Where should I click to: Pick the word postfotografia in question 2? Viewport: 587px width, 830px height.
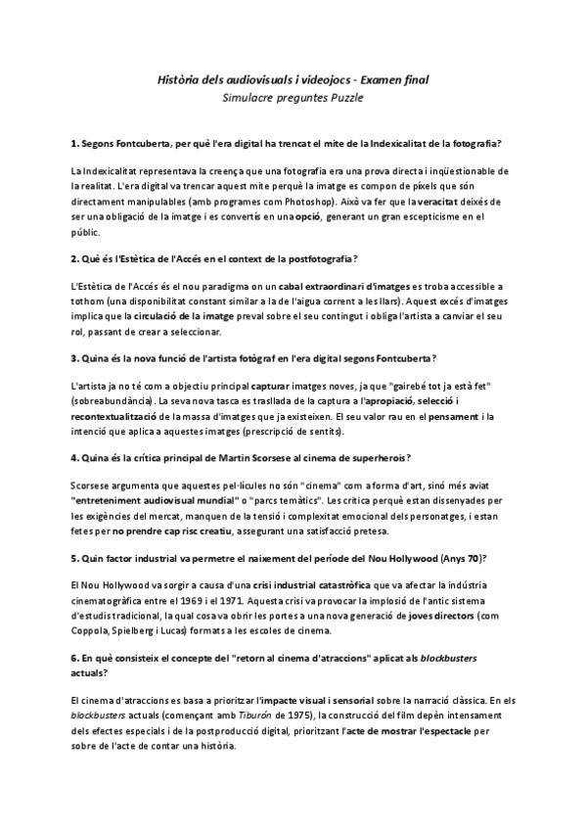[316, 258]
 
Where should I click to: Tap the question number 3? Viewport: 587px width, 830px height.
[74, 359]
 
